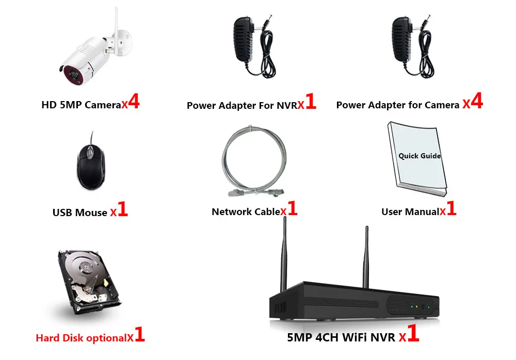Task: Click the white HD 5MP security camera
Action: coord(88,57)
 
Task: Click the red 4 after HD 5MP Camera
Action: coord(134,102)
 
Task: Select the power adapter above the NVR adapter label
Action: coord(251,47)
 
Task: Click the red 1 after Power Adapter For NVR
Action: coord(310,102)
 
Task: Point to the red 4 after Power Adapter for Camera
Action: coord(477,101)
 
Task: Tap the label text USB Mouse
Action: coord(80,212)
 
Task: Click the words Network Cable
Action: coord(246,211)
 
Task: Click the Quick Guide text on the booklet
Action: coord(420,155)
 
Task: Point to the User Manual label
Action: coord(410,211)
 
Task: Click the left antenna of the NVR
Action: coord(283,258)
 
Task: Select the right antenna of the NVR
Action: coord(366,255)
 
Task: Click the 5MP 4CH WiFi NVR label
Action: coord(341,338)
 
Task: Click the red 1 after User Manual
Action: coord(451,209)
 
